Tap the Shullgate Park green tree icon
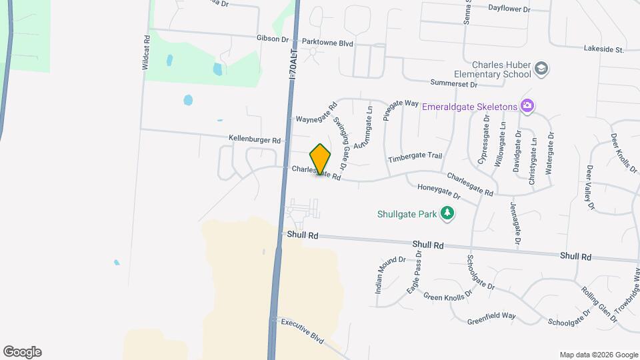point(449,214)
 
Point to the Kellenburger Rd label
point(255,140)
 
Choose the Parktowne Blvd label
point(327,42)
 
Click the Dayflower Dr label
point(509,9)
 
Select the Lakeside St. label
point(603,49)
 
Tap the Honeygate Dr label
point(439,191)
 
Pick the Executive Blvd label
point(302,330)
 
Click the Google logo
point(22,352)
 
